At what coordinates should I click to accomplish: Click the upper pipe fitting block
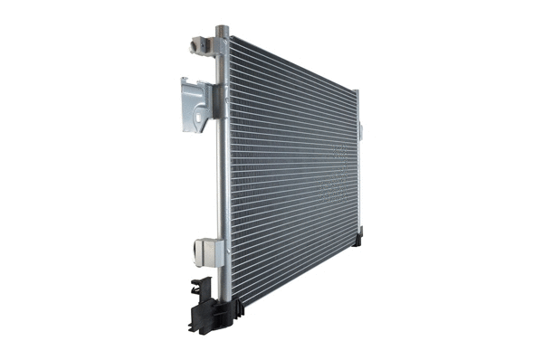tap(204, 45)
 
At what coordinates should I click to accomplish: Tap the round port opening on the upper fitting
tap(195, 44)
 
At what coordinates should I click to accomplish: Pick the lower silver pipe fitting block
tap(207, 251)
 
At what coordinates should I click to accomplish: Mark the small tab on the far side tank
tap(359, 131)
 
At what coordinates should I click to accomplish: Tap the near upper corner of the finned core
tap(231, 40)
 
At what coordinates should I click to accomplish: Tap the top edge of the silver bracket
tap(195, 81)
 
